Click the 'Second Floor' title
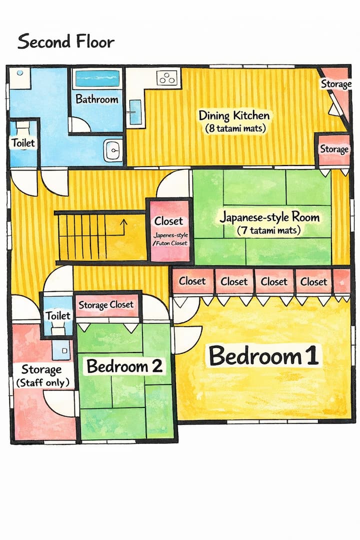click(x=66, y=41)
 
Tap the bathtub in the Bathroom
click(x=97, y=79)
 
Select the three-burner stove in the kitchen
click(x=168, y=77)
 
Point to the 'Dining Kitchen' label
click(x=234, y=115)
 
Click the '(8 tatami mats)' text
click(x=235, y=128)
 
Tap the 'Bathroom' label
click(x=97, y=99)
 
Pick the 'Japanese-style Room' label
click(x=269, y=217)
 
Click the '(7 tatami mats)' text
click(x=268, y=229)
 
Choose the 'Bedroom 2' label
click(x=124, y=365)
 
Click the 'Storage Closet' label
click(x=106, y=305)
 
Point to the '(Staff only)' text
click(x=43, y=382)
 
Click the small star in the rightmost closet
click(x=342, y=282)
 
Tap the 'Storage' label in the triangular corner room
click(x=336, y=83)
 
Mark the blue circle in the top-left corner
click(x=20, y=73)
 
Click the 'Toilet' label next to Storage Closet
click(x=58, y=315)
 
